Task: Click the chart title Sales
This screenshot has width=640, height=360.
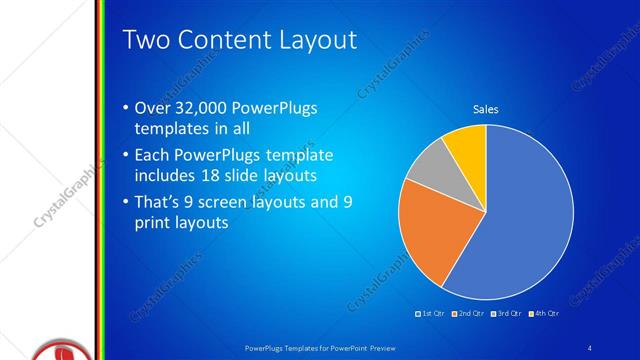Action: point(485,109)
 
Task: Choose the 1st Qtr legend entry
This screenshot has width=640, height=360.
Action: point(432,314)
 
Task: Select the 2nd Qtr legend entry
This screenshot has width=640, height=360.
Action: point(470,314)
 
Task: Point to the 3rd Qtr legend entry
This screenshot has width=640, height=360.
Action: point(507,314)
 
